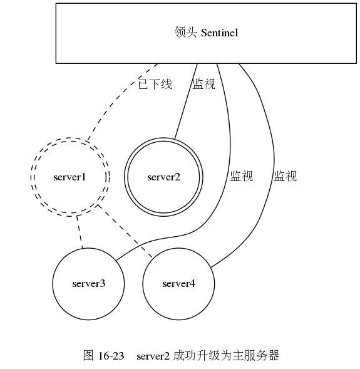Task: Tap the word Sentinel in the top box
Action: click(220, 33)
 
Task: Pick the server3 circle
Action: click(88, 301)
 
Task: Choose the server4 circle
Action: click(179, 301)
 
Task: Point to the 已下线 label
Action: click(155, 83)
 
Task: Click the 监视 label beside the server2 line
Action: click(204, 83)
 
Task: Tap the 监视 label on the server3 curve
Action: click(241, 176)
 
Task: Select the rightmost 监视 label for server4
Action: click(285, 176)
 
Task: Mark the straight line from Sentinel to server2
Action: click(186, 101)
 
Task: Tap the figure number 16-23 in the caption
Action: click(111, 356)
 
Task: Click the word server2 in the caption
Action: click(153, 356)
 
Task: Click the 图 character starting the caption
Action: click(88, 356)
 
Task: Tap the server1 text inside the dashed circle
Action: click(69, 177)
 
